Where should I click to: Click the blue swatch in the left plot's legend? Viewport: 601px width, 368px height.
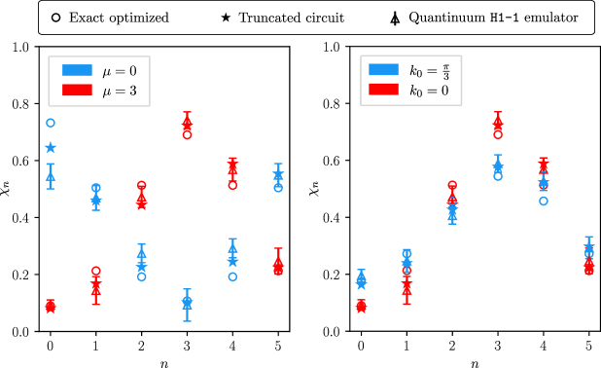click(x=77, y=70)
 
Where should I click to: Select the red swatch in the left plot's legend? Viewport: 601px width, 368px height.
click(x=77, y=90)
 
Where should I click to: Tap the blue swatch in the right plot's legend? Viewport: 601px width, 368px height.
click(x=383, y=69)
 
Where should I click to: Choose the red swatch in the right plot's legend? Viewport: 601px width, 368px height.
click(x=383, y=89)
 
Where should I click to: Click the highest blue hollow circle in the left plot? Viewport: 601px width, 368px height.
click(x=51, y=123)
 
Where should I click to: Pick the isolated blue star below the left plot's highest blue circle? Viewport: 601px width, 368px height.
click(x=51, y=147)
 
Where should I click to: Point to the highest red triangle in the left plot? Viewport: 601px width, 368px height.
click(x=187, y=121)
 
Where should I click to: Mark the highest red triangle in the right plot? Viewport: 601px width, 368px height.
click(x=498, y=121)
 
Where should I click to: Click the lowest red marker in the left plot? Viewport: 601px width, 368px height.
click(x=51, y=307)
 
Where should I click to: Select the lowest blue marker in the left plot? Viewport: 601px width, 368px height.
click(x=187, y=304)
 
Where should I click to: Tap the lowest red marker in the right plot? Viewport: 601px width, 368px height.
click(x=361, y=306)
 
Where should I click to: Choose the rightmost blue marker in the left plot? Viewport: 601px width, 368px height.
click(x=278, y=175)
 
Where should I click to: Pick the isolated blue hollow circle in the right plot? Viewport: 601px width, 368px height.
click(x=544, y=201)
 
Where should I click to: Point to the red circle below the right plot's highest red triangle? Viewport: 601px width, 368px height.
click(x=498, y=134)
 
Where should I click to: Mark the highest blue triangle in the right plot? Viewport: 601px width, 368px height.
click(x=498, y=163)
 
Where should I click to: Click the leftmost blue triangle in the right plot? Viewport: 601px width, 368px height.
click(x=361, y=277)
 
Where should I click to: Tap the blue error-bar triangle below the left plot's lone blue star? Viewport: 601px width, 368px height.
click(x=51, y=175)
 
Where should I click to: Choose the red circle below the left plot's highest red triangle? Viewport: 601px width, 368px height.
click(x=187, y=134)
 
